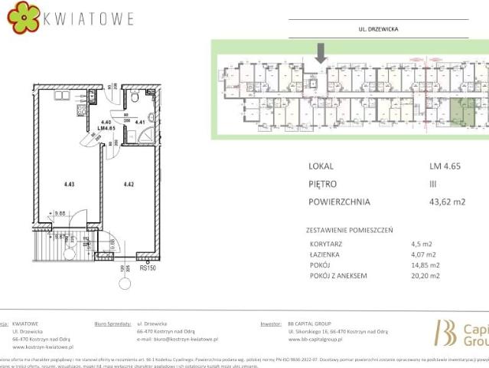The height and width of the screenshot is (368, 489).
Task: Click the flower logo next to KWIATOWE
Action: (24, 17)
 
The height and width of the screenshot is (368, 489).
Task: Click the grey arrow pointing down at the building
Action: (321, 53)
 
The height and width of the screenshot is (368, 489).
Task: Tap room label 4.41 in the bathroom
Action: (140, 121)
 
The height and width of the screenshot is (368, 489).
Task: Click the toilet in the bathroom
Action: (134, 97)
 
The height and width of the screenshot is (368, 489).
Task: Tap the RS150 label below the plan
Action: (148, 268)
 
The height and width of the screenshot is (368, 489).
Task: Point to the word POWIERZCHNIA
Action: (340, 202)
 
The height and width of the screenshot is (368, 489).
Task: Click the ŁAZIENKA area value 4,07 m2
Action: (423, 255)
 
